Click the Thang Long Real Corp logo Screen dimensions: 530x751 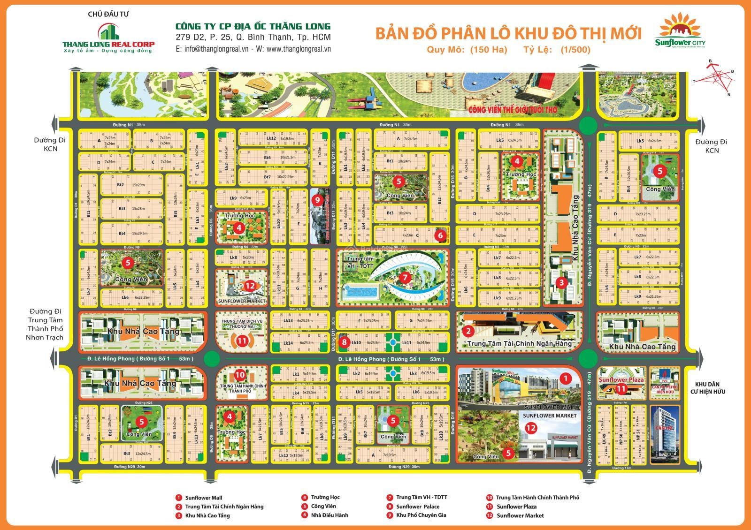pyautogui.click(x=108, y=37)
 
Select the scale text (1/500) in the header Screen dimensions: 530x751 pyautogui.click(x=575, y=50)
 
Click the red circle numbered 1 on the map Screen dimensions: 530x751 pyautogui.click(x=566, y=378)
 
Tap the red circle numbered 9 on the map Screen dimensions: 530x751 pyautogui.click(x=317, y=200)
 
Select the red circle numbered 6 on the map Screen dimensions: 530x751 pyautogui.click(x=440, y=235)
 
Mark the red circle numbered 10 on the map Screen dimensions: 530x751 pyautogui.click(x=239, y=375)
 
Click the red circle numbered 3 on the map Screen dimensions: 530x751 pyautogui.click(x=561, y=282)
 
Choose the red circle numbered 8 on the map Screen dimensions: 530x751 pyautogui.click(x=345, y=342)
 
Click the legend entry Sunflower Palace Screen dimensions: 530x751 pyautogui.click(x=417, y=507)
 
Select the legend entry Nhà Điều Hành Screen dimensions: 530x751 pyautogui.click(x=329, y=515)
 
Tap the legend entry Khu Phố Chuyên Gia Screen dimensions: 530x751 pyautogui.click(x=421, y=515)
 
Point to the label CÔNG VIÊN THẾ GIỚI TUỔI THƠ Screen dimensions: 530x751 pyautogui.click(x=512, y=110)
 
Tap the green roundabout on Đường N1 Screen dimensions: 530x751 pyautogui.click(x=588, y=125)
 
